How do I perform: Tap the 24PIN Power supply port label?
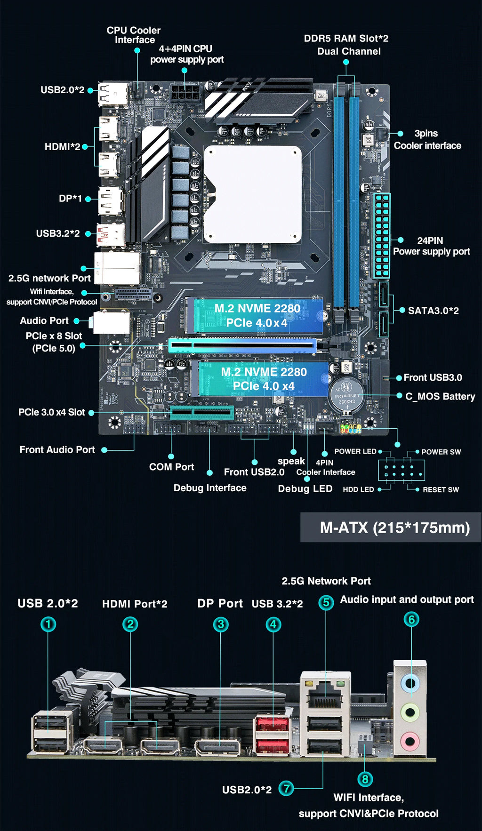(x=431, y=246)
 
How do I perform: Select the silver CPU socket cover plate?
(x=253, y=194)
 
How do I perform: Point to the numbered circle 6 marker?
(x=411, y=619)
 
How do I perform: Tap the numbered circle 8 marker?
(x=365, y=779)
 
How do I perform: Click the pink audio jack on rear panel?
(x=410, y=742)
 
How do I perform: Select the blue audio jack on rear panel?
(x=410, y=683)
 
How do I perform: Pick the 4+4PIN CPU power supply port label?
(x=186, y=54)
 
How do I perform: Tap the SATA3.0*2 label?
(x=433, y=311)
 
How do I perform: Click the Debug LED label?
(x=305, y=488)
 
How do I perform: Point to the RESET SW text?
(x=441, y=489)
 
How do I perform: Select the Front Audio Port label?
(x=57, y=449)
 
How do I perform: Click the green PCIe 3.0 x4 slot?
(x=202, y=413)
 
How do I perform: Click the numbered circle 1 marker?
(x=48, y=624)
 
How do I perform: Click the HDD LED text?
(x=358, y=489)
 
